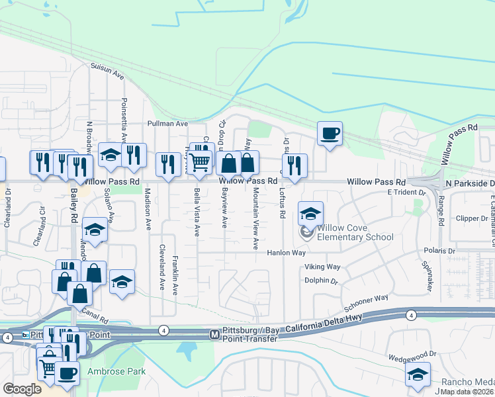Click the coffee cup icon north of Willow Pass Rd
[330, 134]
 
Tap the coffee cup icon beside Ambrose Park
[66, 373]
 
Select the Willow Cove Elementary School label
[355, 232]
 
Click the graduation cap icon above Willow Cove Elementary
[310, 214]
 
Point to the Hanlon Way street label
[286, 253]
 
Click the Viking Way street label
[322, 267]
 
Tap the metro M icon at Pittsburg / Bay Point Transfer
[214, 335]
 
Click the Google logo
[22, 388]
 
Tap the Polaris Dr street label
[439, 252]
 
